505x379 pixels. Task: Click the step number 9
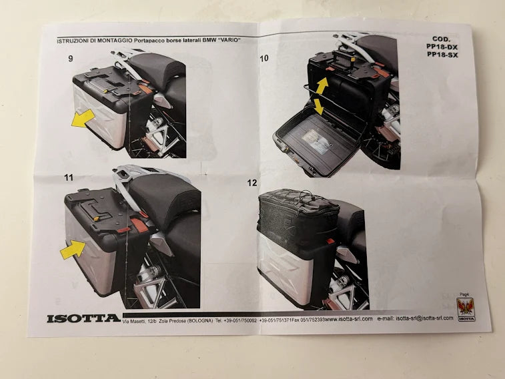point(71,59)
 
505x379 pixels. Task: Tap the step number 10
point(264,59)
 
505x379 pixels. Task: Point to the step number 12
point(251,182)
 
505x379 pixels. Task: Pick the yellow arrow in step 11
point(73,250)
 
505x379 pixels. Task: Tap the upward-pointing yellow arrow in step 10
point(322,85)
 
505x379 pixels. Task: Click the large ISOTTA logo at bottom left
point(83,318)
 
